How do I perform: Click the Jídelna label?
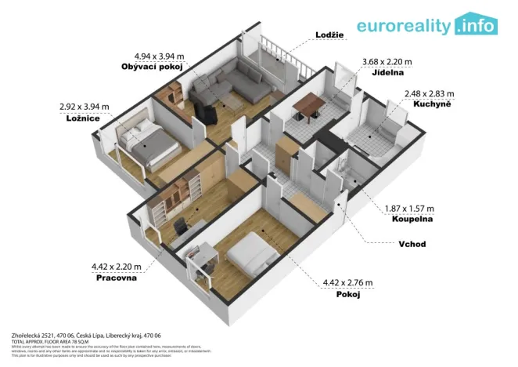point(371,72)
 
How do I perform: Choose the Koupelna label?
point(408,220)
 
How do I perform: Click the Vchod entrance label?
point(412,244)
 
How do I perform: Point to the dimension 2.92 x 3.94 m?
point(84,106)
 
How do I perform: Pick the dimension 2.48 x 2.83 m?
point(428,93)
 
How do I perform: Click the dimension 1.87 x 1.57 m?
point(410,209)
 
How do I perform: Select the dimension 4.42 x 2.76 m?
point(347,283)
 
